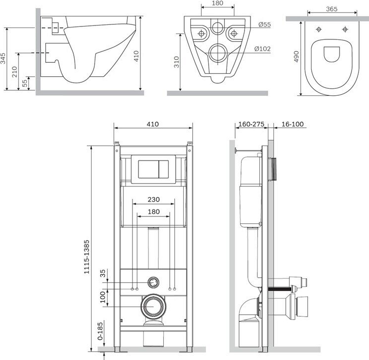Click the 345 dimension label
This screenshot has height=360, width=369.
pyautogui.click(x=3, y=58)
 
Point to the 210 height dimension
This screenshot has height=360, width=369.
pyautogui.click(x=14, y=72)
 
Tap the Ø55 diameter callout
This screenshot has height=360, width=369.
pyautogui.click(x=264, y=24)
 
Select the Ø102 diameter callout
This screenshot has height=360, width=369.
pyautogui.click(x=262, y=49)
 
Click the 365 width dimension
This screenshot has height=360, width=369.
pyautogui.click(x=332, y=9)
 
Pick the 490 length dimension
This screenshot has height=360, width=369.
pyautogui.click(x=296, y=56)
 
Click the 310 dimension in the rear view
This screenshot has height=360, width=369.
pyautogui.click(x=176, y=62)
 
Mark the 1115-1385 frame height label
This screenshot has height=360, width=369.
pyautogui.click(x=87, y=257)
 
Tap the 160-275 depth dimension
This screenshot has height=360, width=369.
pyautogui.click(x=251, y=124)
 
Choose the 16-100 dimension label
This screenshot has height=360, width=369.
pyautogui.click(x=292, y=124)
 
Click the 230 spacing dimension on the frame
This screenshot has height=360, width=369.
pyautogui.click(x=153, y=199)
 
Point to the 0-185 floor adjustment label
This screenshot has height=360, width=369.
pyautogui.click(x=100, y=331)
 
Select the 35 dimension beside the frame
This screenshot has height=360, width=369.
pyautogui.click(x=103, y=273)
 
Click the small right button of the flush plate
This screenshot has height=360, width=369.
pyautogui.click(x=164, y=169)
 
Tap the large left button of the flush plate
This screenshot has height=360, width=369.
pyautogui.click(x=148, y=169)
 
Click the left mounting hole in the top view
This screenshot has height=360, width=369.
pyautogui.click(x=319, y=29)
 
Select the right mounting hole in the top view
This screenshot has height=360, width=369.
pyautogui.click(x=345, y=29)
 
